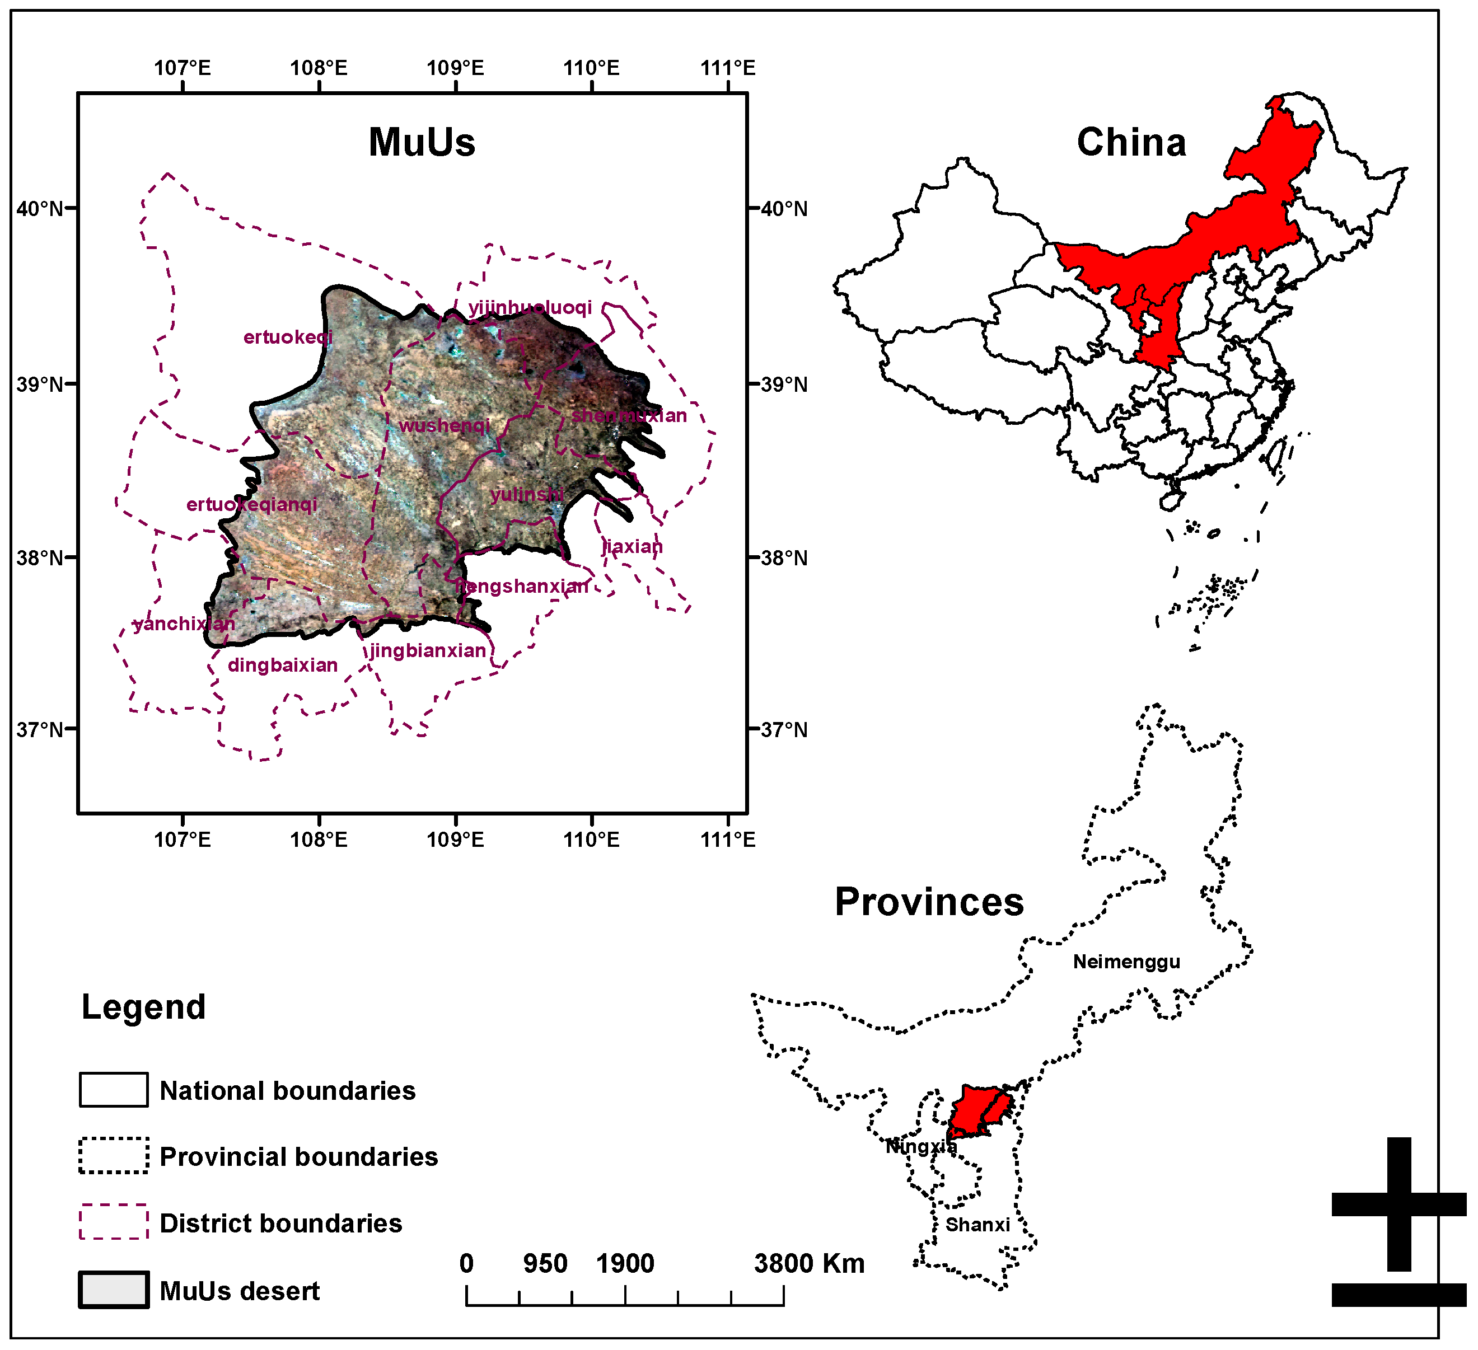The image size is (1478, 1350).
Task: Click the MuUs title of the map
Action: pos(422,142)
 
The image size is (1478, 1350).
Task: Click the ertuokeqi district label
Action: pos(288,337)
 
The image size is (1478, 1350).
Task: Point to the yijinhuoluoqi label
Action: pos(530,307)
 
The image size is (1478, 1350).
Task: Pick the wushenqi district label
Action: pos(445,426)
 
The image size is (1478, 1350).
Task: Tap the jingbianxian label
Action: pos(427,651)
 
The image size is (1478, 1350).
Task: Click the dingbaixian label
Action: pos(283,665)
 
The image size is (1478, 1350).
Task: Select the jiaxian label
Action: pos(632,547)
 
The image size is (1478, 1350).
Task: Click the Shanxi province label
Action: pos(977,1225)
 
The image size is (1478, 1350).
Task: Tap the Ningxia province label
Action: pos(921,1146)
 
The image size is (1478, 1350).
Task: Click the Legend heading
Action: pos(144,1007)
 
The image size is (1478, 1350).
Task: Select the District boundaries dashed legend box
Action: pos(114,1222)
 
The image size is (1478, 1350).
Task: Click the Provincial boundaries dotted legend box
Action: pos(114,1156)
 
